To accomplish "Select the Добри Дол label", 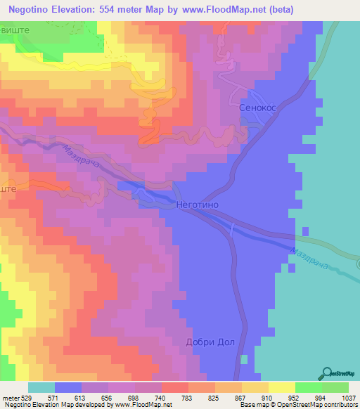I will point(209,343).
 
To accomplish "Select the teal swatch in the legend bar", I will point(41,387).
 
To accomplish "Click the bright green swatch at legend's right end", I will point(335,387).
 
